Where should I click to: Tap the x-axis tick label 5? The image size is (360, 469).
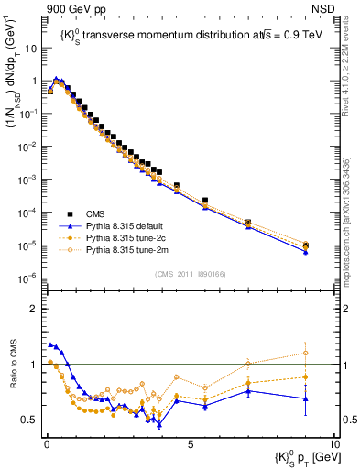(190, 442)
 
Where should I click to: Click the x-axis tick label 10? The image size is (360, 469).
(333, 442)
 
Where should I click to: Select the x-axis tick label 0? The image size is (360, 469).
(46, 442)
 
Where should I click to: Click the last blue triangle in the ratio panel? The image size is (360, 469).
(305, 398)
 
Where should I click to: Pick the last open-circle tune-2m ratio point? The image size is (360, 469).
(305, 353)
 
